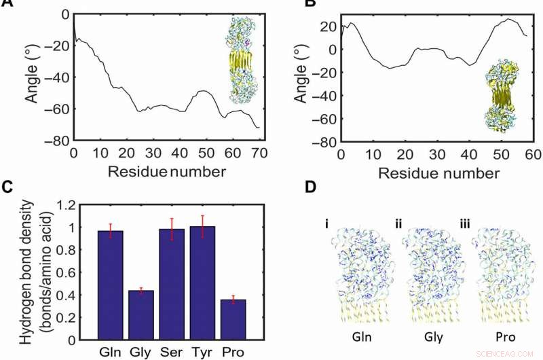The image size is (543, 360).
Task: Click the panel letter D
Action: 311,186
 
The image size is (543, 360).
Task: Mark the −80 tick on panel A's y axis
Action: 56,141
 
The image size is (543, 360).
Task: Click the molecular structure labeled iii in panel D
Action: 503,272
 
